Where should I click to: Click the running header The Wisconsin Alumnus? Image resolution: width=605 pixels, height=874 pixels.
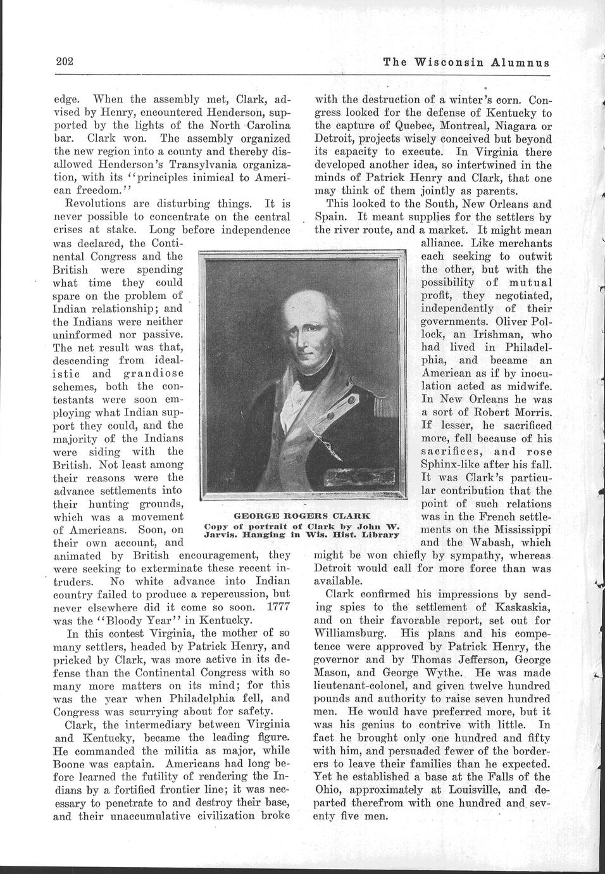point(466,62)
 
